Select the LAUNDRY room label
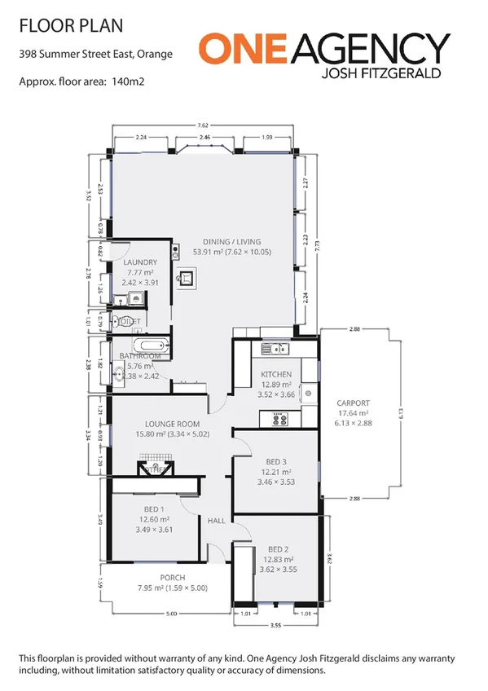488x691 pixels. click(x=140, y=262)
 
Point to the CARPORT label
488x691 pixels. click(x=354, y=403)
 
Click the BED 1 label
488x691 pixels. click(x=153, y=508)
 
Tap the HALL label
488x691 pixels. click(x=216, y=521)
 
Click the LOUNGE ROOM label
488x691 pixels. click(x=172, y=424)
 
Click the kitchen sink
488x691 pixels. click(x=279, y=350)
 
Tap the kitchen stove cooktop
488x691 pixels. click(x=278, y=420)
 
